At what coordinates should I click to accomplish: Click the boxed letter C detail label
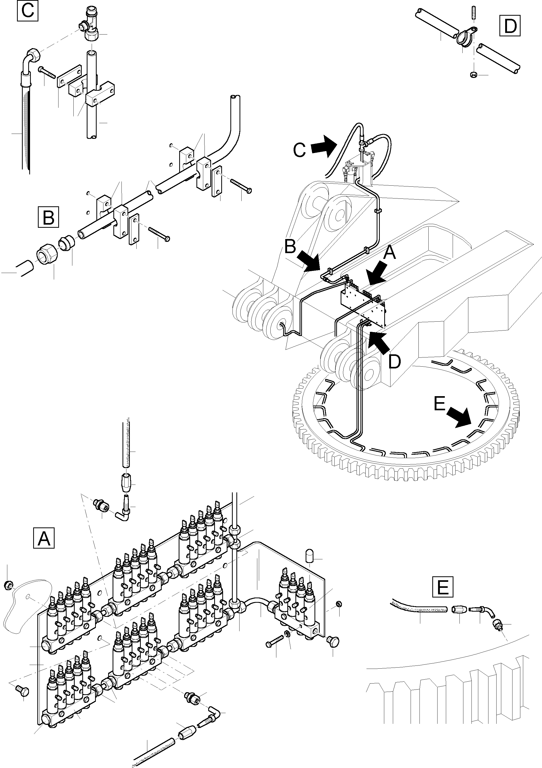[27, 10]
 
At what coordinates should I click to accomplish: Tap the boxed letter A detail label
[44, 538]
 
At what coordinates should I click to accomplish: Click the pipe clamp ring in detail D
[464, 37]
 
